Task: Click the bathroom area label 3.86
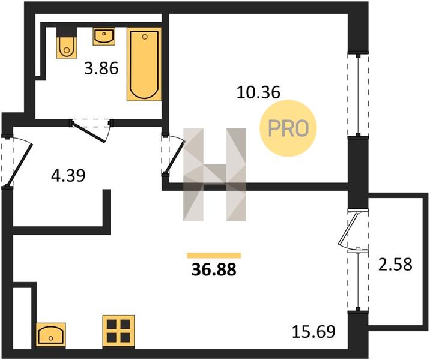[x=101, y=68]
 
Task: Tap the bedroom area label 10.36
[x=258, y=92]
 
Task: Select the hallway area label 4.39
[x=68, y=175]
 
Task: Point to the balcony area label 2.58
[x=395, y=265]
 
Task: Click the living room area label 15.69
[x=313, y=332]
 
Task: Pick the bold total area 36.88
[x=214, y=269]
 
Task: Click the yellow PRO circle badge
[x=288, y=128]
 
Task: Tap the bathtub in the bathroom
[x=144, y=64]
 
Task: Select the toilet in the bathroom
[x=67, y=47]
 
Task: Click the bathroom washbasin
[x=104, y=36]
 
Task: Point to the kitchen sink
[x=50, y=335]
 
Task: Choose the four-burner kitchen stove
[x=118, y=331]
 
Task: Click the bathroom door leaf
[x=88, y=132]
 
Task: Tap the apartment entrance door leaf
[x=19, y=165]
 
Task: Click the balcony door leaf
[x=348, y=229]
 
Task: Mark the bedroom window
[x=358, y=95]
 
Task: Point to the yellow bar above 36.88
[x=214, y=256]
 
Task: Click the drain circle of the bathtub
[x=145, y=37]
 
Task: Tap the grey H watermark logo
[x=214, y=175]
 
